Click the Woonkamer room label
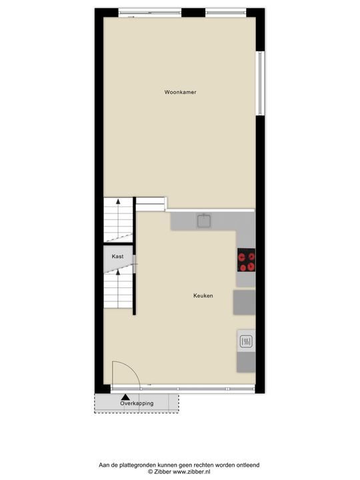180,93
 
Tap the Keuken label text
203,295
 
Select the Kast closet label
117,256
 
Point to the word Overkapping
137,403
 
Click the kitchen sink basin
203,220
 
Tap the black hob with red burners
247,260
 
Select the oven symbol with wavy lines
245,342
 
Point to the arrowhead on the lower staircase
118,272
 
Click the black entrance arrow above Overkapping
123,396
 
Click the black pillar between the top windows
193,13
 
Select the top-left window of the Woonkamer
150,13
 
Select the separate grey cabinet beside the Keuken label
244,302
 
